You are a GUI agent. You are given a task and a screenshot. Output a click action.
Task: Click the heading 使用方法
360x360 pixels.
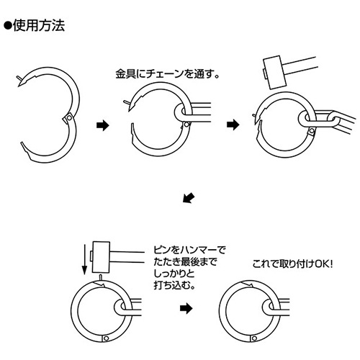point(39,26)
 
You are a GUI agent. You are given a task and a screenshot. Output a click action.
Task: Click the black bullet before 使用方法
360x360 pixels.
point(8,26)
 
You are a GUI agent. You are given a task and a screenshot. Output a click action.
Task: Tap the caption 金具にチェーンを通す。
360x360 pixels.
point(168,74)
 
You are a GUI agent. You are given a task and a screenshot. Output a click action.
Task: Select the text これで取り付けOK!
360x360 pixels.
point(292,264)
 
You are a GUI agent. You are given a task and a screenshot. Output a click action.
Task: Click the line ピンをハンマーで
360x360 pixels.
point(189,251)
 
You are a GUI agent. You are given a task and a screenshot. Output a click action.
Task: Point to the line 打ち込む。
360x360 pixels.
point(174,285)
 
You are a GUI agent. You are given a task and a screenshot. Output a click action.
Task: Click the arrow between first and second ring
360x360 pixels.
point(103,125)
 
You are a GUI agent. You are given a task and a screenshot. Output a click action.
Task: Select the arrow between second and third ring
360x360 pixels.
point(233,125)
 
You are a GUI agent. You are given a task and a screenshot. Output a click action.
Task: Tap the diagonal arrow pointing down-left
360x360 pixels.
point(189,197)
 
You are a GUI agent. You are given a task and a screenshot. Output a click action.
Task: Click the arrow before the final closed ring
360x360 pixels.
point(186,308)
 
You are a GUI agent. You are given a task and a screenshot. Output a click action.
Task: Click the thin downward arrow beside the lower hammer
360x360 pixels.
point(84,259)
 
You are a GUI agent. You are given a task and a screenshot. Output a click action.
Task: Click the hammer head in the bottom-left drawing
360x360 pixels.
point(101,257)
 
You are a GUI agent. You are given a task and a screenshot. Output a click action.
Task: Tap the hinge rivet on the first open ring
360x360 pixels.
point(69,118)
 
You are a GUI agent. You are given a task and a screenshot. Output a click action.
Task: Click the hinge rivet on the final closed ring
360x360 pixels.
point(254,338)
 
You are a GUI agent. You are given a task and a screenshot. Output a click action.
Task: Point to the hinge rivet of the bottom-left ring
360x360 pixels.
point(107,338)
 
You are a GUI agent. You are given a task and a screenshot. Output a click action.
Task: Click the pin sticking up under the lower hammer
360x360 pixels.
point(101,277)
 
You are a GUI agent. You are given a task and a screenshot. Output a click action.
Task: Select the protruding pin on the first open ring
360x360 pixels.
point(19,78)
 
